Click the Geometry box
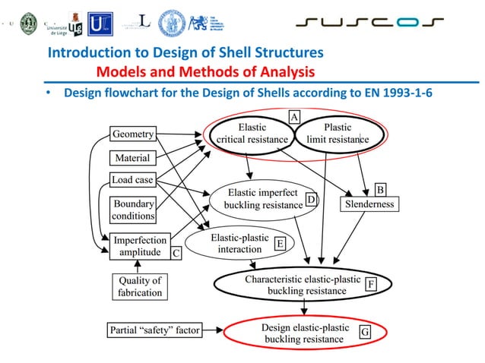pyautogui.click(x=133, y=134)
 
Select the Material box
pyautogui.click(x=132, y=158)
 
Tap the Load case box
pyautogui.click(x=132, y=181)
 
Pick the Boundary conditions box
pyautogui.click(x=134, y=210)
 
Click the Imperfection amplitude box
pyautogui.click(x=139, y=247)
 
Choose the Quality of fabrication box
pyautogui.click(x=139, y=287)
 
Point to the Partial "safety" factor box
pyautogui.click(x=155, y=330)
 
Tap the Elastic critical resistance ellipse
pyautogui.click(x=252, y=134)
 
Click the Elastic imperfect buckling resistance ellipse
pyautogui.click(x=262, y=199)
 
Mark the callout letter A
pyautogui.click(x=293, y=115)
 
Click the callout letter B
pyautogui.click(x=382, y=188)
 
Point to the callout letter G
pyautogui.click(x=365, y=332)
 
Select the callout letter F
pyautogui.click(x=371, y=284)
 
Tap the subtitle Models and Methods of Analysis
pyautogui.click(x=205, y=72)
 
